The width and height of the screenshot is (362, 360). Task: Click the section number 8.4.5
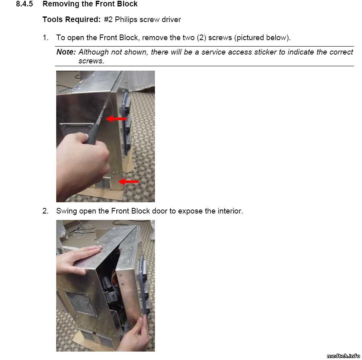24,4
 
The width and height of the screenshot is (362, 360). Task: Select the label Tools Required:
71,20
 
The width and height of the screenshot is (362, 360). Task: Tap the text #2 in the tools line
108,20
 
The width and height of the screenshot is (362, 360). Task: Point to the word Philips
126,20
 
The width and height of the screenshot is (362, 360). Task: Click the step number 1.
45,38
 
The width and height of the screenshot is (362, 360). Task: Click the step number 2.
45,211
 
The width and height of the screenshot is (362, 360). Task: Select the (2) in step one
201,38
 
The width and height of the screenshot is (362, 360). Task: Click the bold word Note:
66,52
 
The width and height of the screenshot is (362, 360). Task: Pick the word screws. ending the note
91,61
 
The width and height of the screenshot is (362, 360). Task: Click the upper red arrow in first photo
116,119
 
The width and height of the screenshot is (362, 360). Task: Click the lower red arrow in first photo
128,181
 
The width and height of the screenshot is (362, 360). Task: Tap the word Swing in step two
67,211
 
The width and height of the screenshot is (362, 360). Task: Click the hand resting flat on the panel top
77,260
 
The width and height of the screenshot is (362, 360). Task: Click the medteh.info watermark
343,356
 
